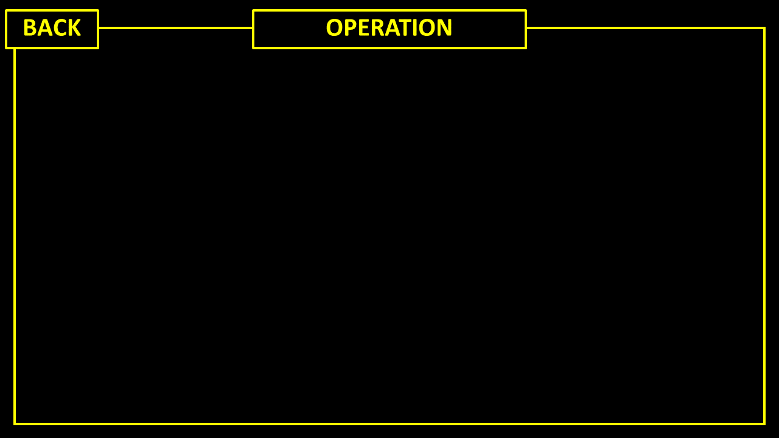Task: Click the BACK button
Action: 52,29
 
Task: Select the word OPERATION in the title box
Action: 389,27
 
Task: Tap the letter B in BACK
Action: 29,27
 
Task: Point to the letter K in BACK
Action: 74,27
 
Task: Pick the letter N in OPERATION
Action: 445,27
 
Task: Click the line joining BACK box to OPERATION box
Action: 176,28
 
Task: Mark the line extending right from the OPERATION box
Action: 646,28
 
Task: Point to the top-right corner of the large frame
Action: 764,28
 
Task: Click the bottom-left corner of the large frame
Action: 15,424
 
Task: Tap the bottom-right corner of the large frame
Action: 764,424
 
